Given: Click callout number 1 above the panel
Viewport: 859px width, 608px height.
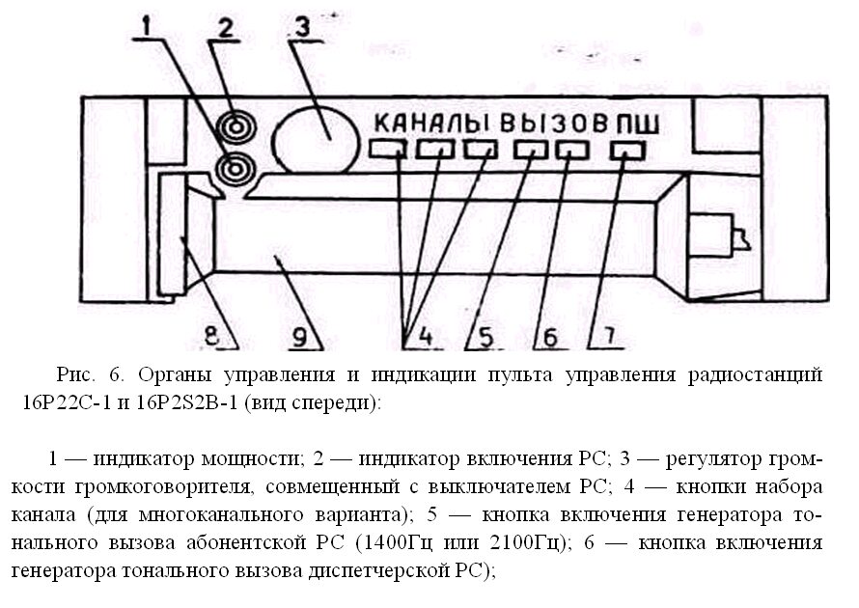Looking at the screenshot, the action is (x=147, y=26).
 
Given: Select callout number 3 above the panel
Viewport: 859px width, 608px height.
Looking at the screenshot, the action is (x=302, y=27).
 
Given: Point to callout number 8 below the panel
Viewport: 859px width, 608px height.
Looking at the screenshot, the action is (x=211, y=335).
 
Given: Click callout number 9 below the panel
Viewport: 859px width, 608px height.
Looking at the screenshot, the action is (x=299, y=337).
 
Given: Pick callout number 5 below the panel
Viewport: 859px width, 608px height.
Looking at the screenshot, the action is (x=486, y=337).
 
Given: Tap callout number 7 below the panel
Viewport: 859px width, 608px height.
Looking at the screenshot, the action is (x=609, y=336).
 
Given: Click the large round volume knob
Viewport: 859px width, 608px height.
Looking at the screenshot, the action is (x=315, y=140).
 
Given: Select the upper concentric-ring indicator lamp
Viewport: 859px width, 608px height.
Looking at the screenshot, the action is (x=236, y=127).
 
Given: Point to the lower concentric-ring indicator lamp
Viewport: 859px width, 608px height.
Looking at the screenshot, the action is (x=236, y=169).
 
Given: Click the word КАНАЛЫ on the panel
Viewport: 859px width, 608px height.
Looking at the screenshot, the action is (x=431, y=124).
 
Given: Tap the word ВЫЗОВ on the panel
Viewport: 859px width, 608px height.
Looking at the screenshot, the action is (x=553, y=124).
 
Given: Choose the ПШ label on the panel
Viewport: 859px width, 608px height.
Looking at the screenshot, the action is (x=638, y=124).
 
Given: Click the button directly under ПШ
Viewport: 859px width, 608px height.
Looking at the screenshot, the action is (x=627, y=151).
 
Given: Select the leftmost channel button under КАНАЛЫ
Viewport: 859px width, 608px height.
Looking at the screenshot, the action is (x=387, y=149).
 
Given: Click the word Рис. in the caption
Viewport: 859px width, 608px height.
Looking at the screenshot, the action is (x=76, y=374).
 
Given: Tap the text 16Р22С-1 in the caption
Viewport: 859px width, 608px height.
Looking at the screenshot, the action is (x=67, y=402).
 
